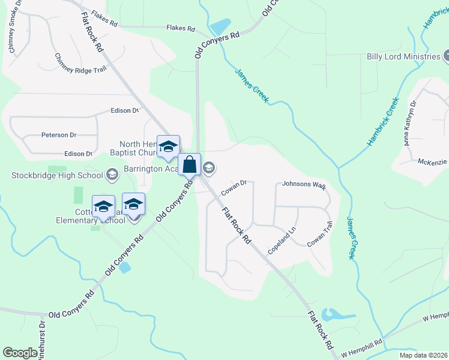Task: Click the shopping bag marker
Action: [189, 164]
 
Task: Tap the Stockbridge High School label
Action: [57, 175]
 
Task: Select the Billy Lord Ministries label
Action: [403, 56]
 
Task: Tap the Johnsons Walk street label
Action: [304, 185]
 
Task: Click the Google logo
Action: [20, 353]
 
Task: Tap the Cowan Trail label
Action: [319, 235]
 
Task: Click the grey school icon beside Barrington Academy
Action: [209, 167]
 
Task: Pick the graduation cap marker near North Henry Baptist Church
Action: [168, 147]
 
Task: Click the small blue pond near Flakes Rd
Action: [220, 27]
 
